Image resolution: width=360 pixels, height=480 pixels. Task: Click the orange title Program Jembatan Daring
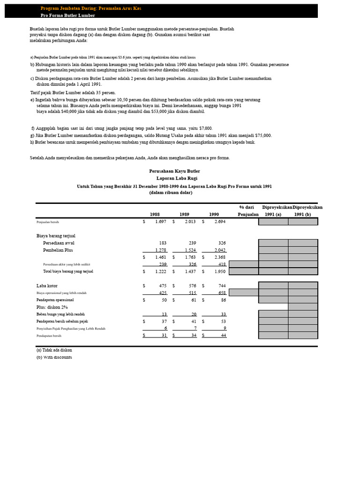click(x=90, y=8)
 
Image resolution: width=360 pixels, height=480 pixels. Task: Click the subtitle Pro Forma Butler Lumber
click(x=67, y=15)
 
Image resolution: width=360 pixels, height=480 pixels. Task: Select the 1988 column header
click(x=155, y=214)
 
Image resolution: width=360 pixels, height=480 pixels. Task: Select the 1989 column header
click(x=184, y=214)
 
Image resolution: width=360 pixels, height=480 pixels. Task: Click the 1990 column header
click(x=214, y=214)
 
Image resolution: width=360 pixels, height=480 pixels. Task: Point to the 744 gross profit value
click(x=221, y=285)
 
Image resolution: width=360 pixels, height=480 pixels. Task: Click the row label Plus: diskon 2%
click(x=52, y=307)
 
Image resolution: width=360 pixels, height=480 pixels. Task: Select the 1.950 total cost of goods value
click(x=219, y=271)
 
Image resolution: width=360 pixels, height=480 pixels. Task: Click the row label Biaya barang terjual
click(x=56, y=236)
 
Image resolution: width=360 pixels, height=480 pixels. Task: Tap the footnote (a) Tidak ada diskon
click(x=54, y=350)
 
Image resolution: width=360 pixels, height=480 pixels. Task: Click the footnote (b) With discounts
click(x=54, y=357)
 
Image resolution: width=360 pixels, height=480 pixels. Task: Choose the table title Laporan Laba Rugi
click(x=174, y=178)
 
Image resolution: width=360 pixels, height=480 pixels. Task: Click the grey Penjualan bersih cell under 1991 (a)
click(x=273, y=222)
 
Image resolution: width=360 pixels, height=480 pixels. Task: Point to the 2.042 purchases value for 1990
click(x=219, y=250)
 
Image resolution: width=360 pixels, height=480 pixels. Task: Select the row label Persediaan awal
click(x=59, y=243)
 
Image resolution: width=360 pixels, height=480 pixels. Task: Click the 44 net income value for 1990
click(x=223, y=336)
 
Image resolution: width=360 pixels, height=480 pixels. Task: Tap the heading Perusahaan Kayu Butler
click(x=174, y=171)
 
